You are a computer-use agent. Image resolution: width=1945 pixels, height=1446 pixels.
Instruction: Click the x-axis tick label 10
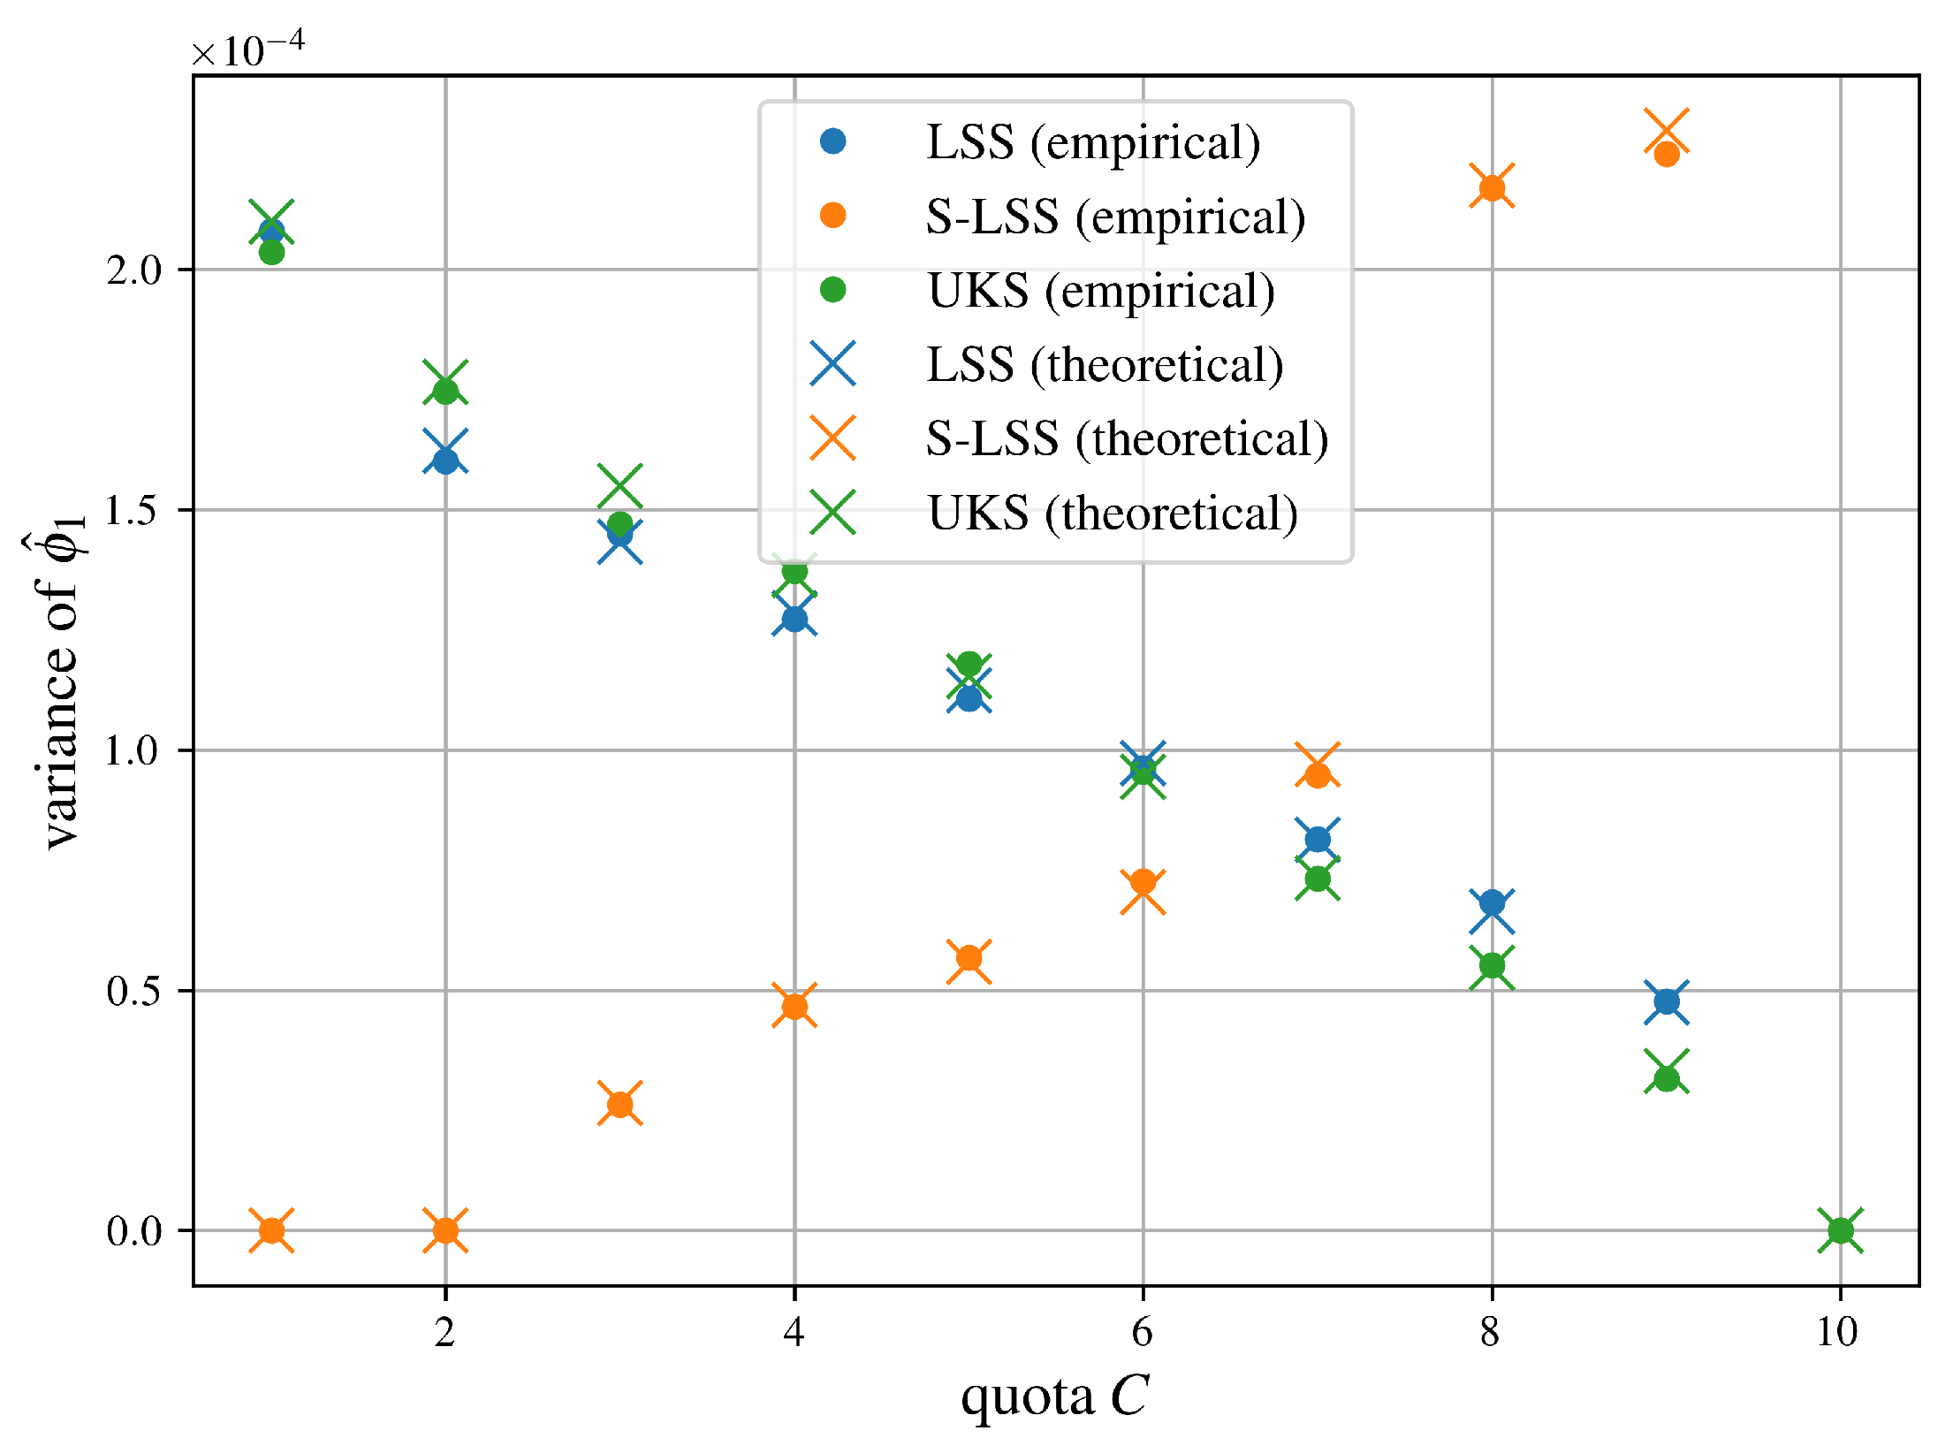1838,1332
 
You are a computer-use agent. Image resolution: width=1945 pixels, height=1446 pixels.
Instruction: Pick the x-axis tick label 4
794,1332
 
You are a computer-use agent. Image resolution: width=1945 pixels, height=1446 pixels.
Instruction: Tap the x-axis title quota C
1055,1397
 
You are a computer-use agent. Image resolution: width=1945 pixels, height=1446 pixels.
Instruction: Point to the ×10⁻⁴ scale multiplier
247,49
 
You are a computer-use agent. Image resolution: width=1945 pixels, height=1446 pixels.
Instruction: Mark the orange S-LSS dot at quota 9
1667,155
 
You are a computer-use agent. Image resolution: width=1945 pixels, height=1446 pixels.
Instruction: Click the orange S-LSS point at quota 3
619,1104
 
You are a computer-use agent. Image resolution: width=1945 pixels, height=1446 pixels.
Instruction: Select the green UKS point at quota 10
1840,1230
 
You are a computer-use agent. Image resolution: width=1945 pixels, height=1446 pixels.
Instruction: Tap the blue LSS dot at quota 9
1667,1001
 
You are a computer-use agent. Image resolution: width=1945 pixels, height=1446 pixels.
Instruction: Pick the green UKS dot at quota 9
1667,1078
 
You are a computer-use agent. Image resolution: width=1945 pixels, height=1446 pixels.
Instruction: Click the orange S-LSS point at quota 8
1492,187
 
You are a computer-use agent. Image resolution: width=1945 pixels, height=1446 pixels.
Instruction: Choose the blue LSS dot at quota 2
445,460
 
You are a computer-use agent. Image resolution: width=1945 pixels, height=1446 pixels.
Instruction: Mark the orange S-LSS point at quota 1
271,1230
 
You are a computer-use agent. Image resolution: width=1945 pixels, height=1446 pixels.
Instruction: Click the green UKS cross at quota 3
619,486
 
